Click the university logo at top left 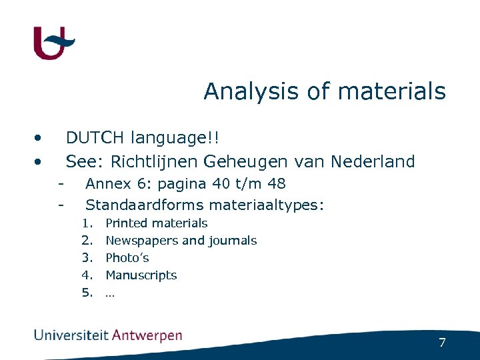coord(53,43)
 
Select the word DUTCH coord(95,138)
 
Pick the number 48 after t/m coord(276,184)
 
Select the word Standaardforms coord(145,204)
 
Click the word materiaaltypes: coord(267,205)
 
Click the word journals coord(233,241)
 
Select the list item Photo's coord(127,258)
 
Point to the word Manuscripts coord(141,275)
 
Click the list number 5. coord(87,293)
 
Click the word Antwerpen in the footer coord(147,336)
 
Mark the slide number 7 coord(442,343)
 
